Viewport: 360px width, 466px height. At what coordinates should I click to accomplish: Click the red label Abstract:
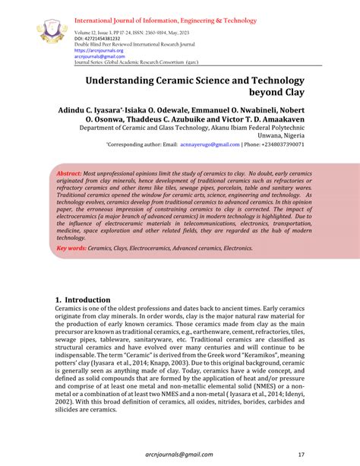(70, 174)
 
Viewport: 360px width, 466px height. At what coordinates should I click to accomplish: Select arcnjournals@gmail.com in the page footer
(172, 455)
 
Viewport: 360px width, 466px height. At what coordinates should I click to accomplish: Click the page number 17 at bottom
(301, 455)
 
